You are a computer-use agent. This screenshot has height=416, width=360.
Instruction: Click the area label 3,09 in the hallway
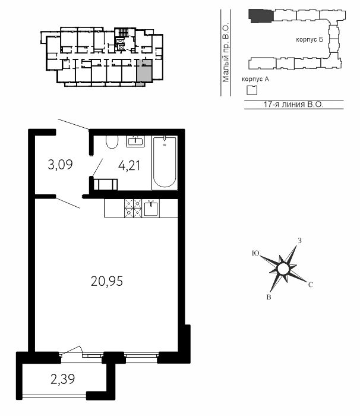pos(60,165)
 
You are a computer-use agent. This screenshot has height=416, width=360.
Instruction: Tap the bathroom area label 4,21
pos(129,166)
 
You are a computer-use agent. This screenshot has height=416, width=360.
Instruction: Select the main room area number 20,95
pos(107,281)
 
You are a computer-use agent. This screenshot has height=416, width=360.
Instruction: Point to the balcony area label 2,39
pos(63,379)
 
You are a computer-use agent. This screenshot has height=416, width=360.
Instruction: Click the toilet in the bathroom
pos(112,142)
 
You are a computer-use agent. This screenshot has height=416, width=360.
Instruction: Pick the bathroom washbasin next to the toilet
pos(135,141)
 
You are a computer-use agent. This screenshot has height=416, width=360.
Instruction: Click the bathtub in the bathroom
pos(165,163)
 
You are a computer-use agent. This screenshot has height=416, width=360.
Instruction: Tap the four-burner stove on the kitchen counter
pos(133,208)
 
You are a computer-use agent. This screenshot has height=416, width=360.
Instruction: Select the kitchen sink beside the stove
pos(151,209)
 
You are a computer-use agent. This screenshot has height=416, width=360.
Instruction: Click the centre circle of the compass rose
pos(283,269)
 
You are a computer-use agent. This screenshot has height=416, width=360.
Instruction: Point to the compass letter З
pos(299,241)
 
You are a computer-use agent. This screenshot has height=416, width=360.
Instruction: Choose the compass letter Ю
pos(255,253)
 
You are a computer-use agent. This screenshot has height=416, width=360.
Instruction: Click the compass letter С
pos(311,285)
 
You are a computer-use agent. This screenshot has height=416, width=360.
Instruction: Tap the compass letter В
pos(269,297)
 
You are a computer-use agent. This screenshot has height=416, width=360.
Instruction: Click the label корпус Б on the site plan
pos(310,40)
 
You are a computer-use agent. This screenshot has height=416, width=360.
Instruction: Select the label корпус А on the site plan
pos(255,79)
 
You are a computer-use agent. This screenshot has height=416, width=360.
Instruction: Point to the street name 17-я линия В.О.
pos(293,104)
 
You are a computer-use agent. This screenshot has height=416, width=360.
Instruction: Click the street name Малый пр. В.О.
pos(226,53)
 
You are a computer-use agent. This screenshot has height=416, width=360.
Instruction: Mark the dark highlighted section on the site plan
pos(261,15)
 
